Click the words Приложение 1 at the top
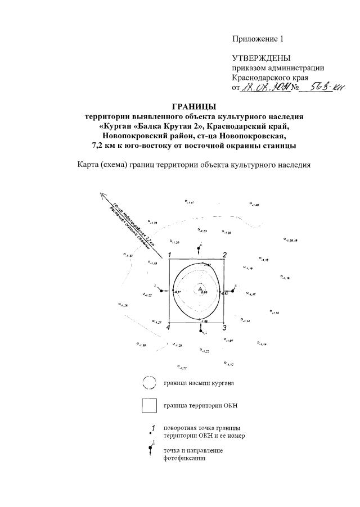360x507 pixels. tap(259, 39)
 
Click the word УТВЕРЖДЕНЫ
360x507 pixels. tap(262, 58)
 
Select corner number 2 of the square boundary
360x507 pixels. tap(224, 255)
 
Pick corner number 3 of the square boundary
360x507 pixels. tap(224, 327)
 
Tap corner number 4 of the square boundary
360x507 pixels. tap(168, 328)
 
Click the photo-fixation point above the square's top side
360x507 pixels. tap(200, 248)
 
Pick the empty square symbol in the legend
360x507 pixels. tap(149, 406)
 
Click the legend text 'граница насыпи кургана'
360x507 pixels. tap(199, 383)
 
